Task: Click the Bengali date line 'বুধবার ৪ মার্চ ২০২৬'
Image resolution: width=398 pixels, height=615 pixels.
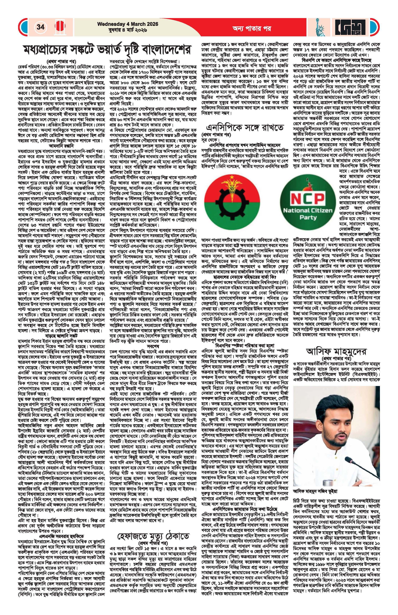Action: tap(128, 30)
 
